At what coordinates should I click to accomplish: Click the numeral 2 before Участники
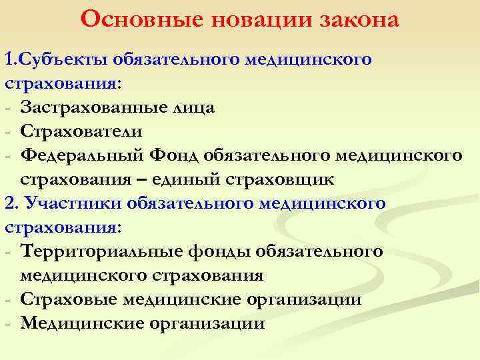click(x=9, y=203)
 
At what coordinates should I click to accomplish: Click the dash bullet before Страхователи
click(x=7, y=132)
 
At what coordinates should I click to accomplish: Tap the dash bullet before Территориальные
click(x=7, y=252)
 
